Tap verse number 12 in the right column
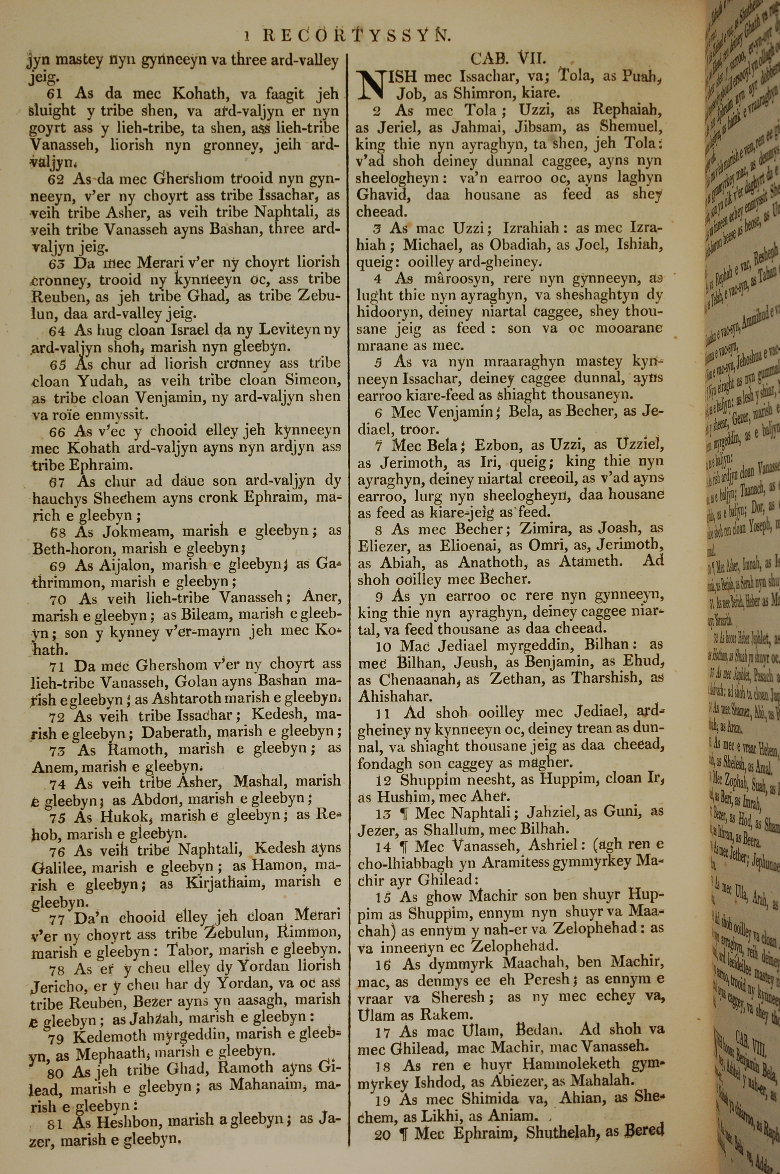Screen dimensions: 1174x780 click(383, 780)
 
